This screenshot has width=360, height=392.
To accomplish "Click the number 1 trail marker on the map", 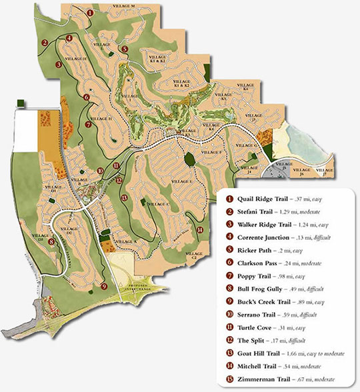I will (x=90, y=12).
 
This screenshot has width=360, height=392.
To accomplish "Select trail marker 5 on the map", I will (x=125, y=49).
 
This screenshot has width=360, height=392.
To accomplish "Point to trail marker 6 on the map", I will (x=86, y=97).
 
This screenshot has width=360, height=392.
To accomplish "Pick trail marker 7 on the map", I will (x=89, y=124).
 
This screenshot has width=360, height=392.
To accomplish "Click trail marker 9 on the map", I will (x=104, y=286).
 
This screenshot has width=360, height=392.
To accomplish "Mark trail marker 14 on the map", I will (x=200, y=230).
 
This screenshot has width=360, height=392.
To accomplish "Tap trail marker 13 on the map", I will (x=125, y=198).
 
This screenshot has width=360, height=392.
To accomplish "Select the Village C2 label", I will (x=195, y=257).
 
